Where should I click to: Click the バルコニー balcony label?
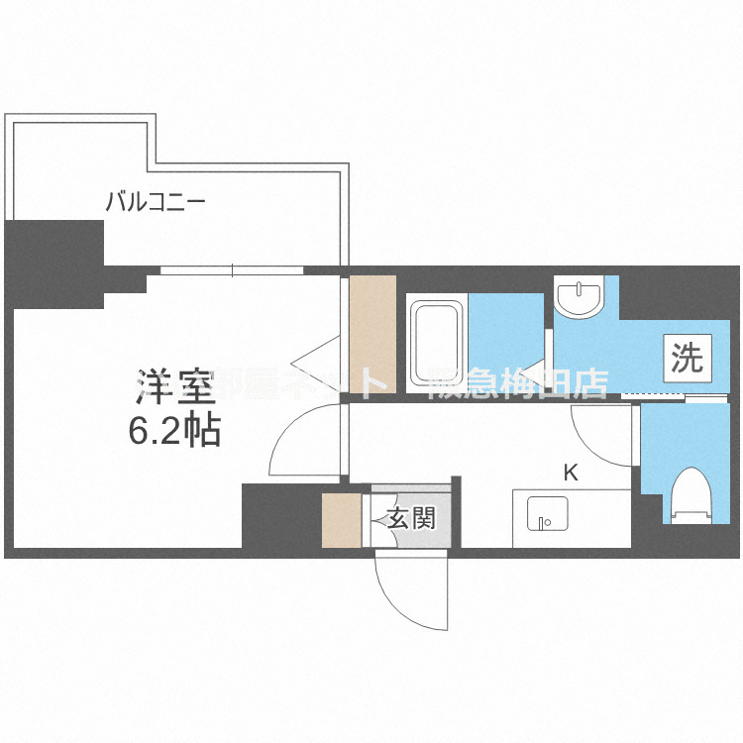[156, 204]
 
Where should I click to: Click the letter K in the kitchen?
[571, 473]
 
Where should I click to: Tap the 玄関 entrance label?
[409, 517]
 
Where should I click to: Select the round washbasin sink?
[578, 296]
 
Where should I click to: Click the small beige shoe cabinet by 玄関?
[340, 518]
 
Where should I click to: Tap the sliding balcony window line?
[232, 269]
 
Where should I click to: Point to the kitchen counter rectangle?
[571, 517]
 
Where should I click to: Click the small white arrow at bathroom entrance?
[536, 374]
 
